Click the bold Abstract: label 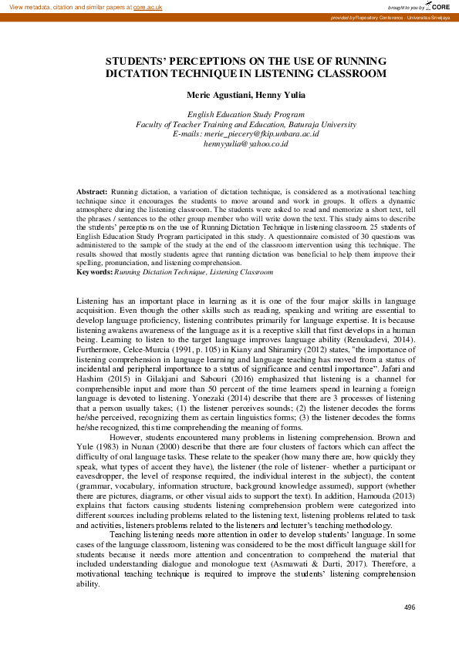[x=93, y=190]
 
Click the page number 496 [x=409, y=607]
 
